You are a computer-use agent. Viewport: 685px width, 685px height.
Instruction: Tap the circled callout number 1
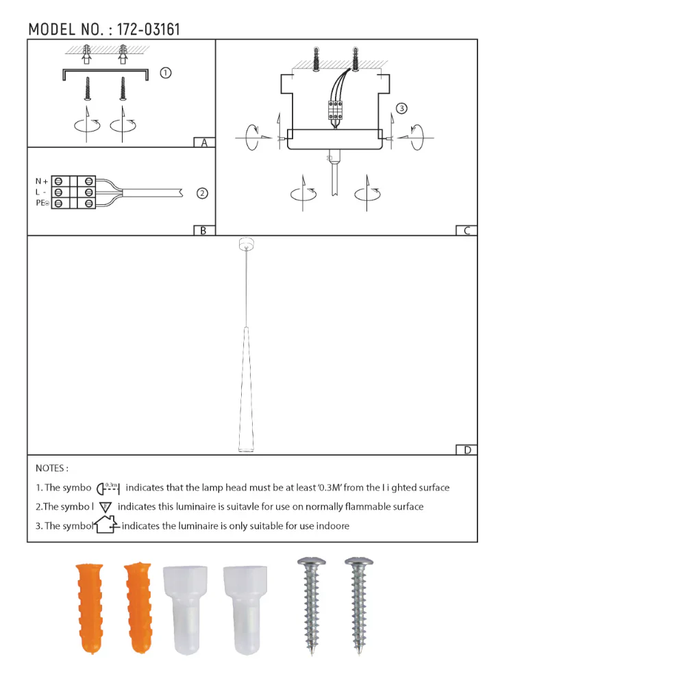click(165, 73)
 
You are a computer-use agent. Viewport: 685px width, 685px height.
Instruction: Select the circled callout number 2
click(202, 193)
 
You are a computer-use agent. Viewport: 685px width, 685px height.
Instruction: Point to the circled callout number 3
click(401, 108)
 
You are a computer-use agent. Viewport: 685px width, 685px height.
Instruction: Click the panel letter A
click(203, 143)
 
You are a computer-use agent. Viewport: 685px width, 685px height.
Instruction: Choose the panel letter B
click(203, 231)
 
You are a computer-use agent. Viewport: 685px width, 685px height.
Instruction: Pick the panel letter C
click(466, 231)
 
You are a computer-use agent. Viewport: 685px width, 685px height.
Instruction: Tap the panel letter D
click(467, 450)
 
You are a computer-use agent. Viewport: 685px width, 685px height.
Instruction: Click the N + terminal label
click(42, 181)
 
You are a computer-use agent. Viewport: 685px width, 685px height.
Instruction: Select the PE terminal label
click(41, 203)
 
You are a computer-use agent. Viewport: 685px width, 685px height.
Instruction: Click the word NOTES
click(51, 469)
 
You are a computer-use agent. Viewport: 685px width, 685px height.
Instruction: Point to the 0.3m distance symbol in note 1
click(109, 488)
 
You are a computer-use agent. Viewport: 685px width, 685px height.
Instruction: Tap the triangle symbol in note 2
click(105, 508)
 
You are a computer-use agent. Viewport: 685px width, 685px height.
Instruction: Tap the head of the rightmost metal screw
click(359, 563)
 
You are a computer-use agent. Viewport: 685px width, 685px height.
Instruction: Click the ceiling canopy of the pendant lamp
click(244, 245)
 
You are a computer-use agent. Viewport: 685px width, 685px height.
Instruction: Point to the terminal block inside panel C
click(335, 109)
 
